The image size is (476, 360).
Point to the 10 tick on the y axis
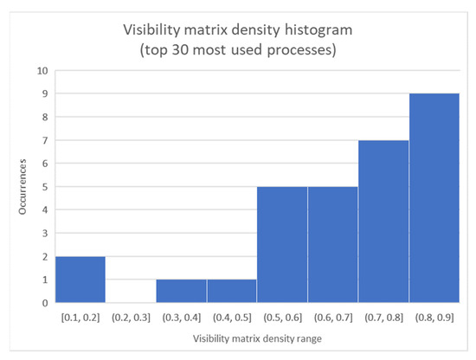tap(42, 71)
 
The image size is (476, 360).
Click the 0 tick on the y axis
tap(43, 303)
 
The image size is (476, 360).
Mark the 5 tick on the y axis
tap(43, 187)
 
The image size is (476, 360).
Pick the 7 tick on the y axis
tap(43, 140)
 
